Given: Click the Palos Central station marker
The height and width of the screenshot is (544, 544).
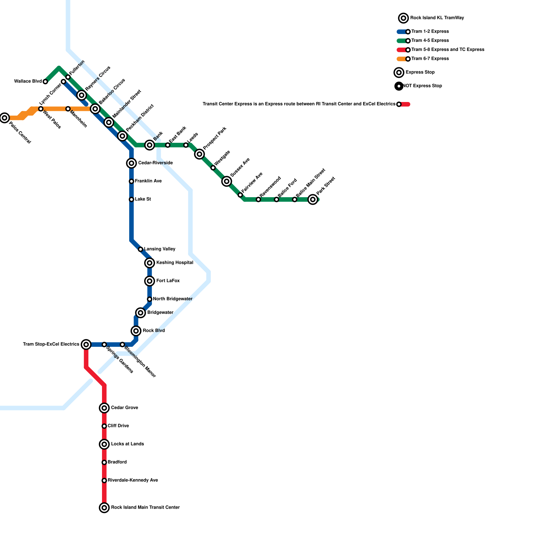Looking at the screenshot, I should [4, 118].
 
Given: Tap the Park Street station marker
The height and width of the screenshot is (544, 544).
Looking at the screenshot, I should [313, 200].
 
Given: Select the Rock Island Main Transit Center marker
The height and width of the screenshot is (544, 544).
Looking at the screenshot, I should [104, 508].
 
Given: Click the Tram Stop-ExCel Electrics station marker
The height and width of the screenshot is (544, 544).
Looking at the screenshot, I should [86, 345].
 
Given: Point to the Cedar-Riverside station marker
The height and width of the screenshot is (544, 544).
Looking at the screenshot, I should [132, 163].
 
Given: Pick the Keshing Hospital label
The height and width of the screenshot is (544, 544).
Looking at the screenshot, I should [174, 263].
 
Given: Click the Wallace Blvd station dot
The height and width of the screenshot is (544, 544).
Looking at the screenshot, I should [45, 82].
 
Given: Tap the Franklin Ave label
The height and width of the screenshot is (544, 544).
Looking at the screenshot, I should [148, 181].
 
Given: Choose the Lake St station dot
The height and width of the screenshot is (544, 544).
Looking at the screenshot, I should [131, 200].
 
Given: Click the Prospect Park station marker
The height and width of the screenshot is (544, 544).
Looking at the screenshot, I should [200, 154].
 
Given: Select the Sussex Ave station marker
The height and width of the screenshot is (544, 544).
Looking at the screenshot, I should [227, 182].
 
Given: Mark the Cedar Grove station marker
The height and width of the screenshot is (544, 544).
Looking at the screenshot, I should [104, 408].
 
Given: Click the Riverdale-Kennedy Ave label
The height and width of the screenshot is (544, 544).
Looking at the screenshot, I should [133, 480].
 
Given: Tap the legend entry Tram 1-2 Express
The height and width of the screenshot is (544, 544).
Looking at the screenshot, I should [430, 32].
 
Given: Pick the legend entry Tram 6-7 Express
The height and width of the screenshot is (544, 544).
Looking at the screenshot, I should [430, 59].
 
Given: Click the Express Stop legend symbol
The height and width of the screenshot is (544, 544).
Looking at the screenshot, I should [399, 72].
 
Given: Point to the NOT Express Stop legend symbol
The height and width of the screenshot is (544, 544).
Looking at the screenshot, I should [399, 86].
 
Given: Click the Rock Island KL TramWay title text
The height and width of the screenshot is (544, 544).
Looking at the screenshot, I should [437, 18].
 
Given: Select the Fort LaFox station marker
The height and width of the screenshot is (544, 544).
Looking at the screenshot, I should [150, 281].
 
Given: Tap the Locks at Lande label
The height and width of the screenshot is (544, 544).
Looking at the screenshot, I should [127, 444].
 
